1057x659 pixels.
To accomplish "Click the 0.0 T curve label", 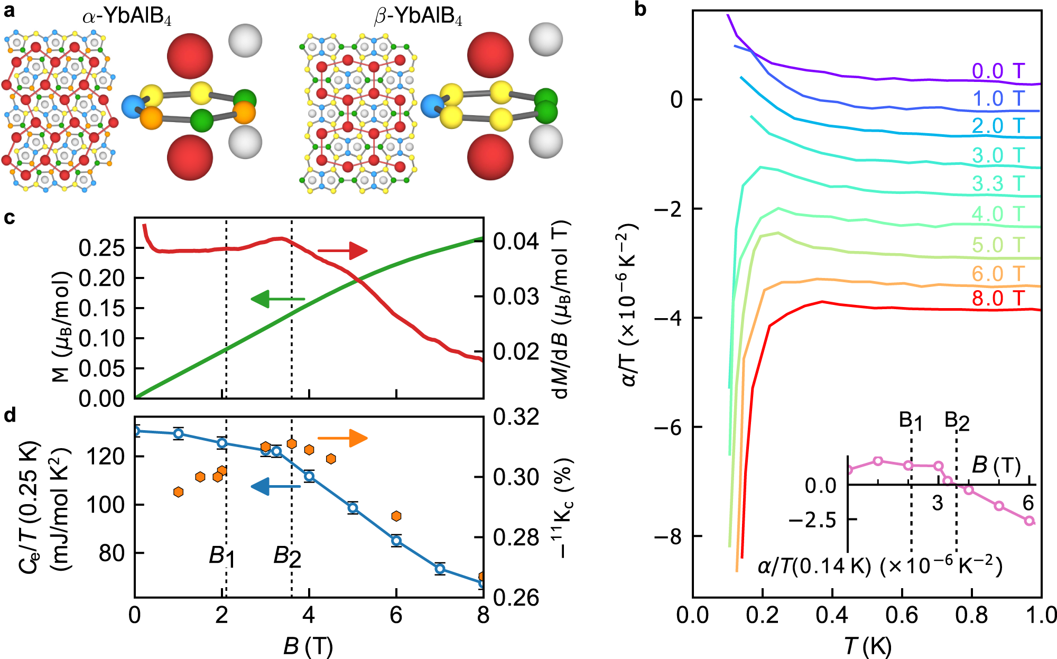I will coord(998,71).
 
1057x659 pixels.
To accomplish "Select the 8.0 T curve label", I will coord(998,299).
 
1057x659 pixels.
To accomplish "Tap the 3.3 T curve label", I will coord(998,184).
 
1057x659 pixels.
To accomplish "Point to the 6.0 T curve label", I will coord(998,274).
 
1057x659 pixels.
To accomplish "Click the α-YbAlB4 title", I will coord(127,17).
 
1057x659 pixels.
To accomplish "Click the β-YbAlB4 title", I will coord(418,17).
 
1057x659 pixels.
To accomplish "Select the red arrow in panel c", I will coord(342,250).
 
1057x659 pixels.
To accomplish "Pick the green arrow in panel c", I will coord(278,299).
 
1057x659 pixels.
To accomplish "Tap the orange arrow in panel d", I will coord(342,438).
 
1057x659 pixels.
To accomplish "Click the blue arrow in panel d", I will coord(275,486).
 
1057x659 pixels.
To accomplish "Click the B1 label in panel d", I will coord(222,556).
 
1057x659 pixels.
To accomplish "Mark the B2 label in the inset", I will coord(957,421).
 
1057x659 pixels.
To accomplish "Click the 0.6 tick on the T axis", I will coord(902,616).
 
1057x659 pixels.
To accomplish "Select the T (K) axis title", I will coord(867,646).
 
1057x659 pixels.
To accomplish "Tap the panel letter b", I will coord(640,9).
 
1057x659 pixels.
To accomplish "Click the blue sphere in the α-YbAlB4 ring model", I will coord(133,107).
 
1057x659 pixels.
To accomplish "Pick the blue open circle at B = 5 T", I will coord(353,508).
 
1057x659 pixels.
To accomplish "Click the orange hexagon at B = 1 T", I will coord(178,492).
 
